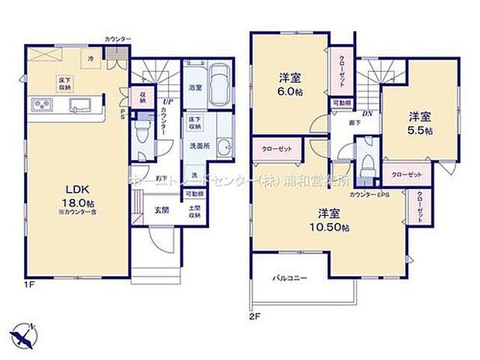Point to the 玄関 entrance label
[160, 210]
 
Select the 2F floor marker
[254, 316]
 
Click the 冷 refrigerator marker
[91, 58]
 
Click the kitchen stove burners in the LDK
[39, 106]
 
